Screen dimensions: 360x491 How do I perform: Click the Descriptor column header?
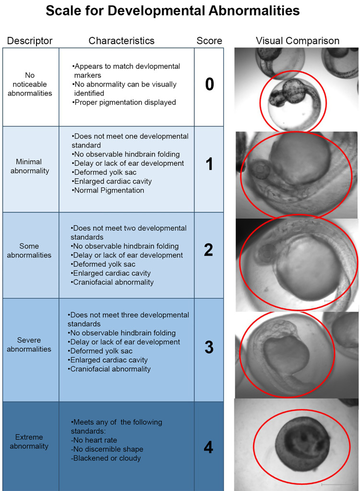pyautogui.click(x=30, y=41)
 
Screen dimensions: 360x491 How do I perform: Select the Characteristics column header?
pyautogui.click(x=121, y=41)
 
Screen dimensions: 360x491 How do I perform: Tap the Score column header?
pyautogui.click(x=209, y=41)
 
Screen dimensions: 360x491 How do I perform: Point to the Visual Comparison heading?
pyautogui.click(x=298, y=41)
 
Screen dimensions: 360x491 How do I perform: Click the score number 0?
pyautogui.click(x=210, y=84)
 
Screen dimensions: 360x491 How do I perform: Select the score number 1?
pyautogui.click(x=209, y=164)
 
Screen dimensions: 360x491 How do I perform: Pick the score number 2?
pyautogui.click(x=209, y=250)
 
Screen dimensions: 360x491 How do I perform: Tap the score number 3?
pyautogui.click(x=209, y=347)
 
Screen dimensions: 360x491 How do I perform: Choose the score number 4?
pyautogui.click(x=209, y=447)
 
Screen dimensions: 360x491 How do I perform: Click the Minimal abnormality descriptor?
pyautogui.click(x=30, y=166)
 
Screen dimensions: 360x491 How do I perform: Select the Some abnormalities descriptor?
pyautogui.click(x=29, y=250)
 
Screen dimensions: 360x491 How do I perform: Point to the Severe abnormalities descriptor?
pyautogui.click(x=29, y=344)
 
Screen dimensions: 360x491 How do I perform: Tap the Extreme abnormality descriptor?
pyautogui.click(x=29, y=442)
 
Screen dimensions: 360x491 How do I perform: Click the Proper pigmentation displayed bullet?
pyautogui.click(x=124, y=102)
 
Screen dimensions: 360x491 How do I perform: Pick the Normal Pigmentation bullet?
pyautogui.click(x=108, y=190)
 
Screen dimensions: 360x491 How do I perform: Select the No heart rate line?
pyautogui.click(x=94, y=440)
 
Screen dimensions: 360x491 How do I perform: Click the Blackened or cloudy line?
pyautogui.click(x=106, y=458)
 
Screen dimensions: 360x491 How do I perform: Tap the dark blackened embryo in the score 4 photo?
pyautogui.click(x=302, y=445)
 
